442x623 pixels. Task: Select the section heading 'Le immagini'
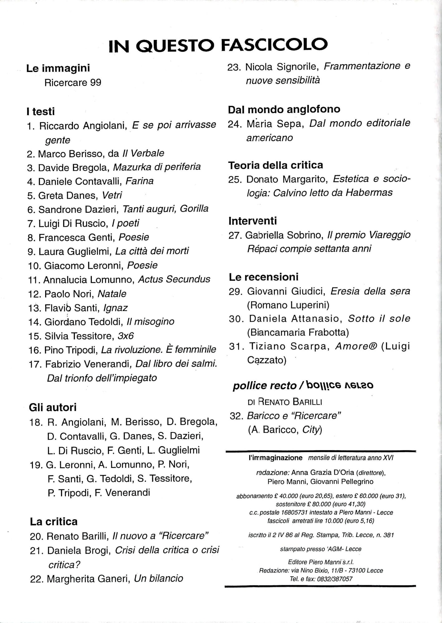58,68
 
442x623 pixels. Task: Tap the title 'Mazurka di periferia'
157,167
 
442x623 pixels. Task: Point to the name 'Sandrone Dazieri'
78,209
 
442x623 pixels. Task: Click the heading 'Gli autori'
53,407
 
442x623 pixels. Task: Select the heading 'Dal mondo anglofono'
284,109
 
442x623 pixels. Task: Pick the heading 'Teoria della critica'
276,165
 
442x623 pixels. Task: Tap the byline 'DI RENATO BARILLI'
285,402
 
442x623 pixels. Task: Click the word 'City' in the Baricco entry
311,430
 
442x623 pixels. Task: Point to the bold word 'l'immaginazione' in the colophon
276,458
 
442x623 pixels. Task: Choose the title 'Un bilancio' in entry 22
158,578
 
